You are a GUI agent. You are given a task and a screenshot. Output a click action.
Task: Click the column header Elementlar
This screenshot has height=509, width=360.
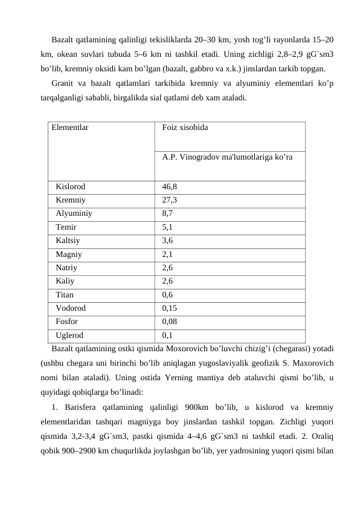pyautogui.click(x=70, y=128)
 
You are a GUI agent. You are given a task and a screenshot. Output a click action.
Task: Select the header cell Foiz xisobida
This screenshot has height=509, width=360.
pyautogui.click(x=185, y=128)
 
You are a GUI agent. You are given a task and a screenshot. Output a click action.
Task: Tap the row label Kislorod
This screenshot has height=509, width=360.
pyautogui.click(x=71, y=187)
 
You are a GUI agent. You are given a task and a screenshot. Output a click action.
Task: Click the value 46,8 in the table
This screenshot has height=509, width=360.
pyautogui.click(x=170, y=187)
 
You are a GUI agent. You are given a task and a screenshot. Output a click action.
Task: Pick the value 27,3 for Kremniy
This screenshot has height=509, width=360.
pyautogui.click(x=170, y=200)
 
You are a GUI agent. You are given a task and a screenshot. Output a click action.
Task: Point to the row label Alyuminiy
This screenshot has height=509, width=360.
pyautogui.click(x=74, y=213)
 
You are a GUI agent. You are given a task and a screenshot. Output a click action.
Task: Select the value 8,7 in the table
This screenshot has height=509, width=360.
pyautogui.click(x=167, y=213)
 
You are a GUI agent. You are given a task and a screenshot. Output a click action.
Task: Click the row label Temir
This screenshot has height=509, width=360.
pyautogui.click(x=66, y=227)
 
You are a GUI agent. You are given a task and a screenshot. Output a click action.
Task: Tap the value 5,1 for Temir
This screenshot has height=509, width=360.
pyautogui.click(x=167, y=227)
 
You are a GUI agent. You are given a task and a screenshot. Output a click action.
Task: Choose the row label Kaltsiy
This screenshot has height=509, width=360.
pyautogui.click(x=68, y=241)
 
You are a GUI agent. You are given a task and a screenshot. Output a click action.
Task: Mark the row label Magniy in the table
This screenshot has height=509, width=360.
pyautogui.click(x=69, y=254)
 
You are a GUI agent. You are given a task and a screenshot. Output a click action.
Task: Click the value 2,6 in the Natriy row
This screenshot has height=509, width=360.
pyautogui.click(x=167, y=267)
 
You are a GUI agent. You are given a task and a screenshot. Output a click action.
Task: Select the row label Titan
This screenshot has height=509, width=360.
pyautogui.click(x=65, y=295)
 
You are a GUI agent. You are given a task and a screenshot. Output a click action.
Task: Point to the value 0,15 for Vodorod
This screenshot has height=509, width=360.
pyautogui.click(x=170, y=308)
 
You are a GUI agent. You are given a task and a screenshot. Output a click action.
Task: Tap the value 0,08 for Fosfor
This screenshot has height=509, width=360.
pyautogui.click(x=170, y=322)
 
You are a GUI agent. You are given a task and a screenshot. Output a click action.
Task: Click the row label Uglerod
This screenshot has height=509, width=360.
pyautogui.click(x=69, y=334)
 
